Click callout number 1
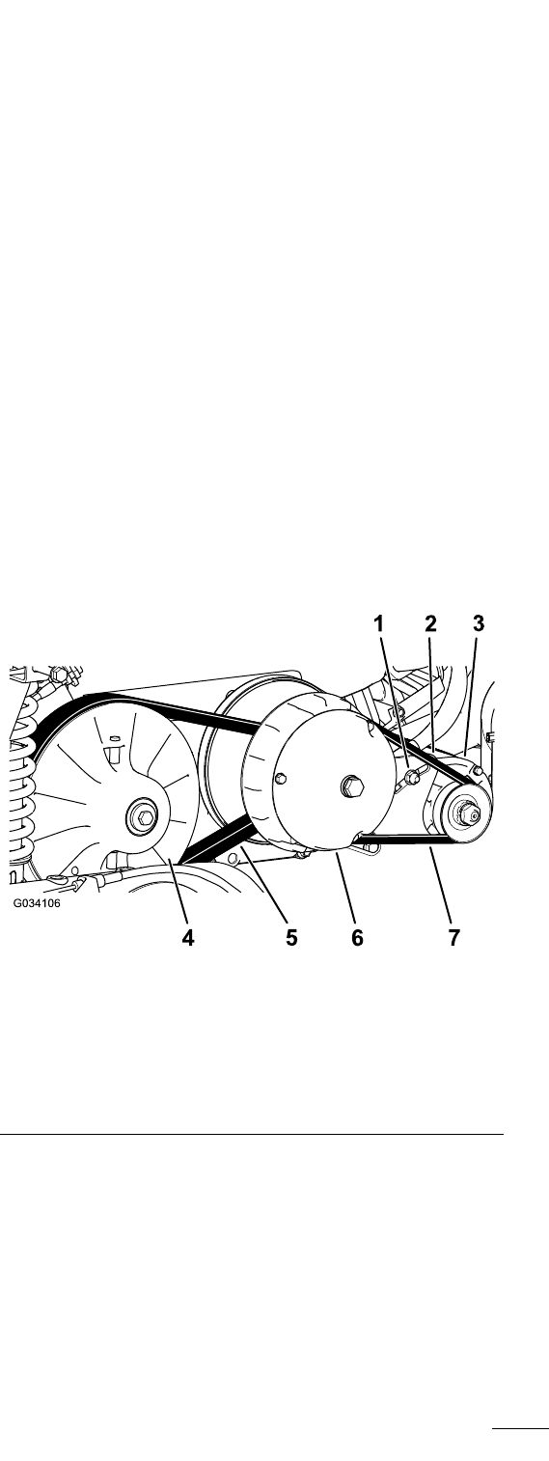click(379, 623)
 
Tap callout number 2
click(430, 623)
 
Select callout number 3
click(479, 623)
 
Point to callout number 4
click(188, 938)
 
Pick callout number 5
click(291, 938)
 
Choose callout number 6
click(357, 938)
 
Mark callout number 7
click(453, 938)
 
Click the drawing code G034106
click(37, 904)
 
